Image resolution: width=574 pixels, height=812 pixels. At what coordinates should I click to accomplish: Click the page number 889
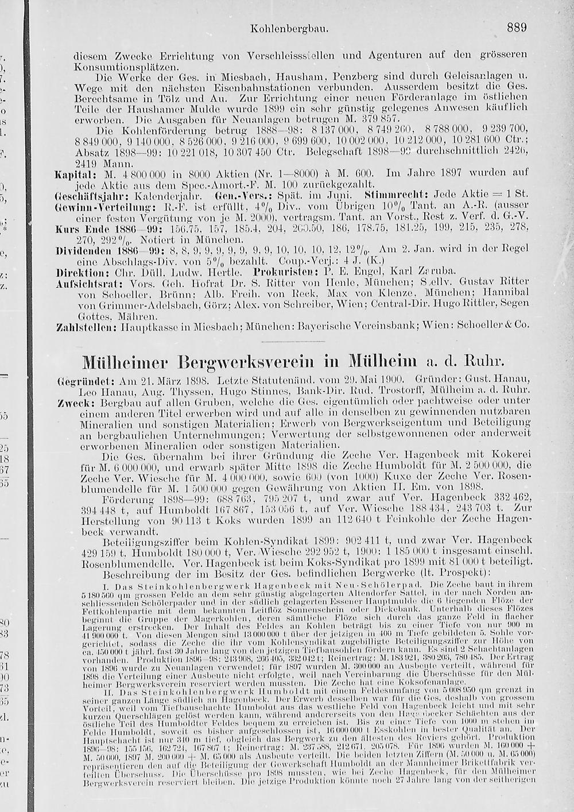click(517, 27)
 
